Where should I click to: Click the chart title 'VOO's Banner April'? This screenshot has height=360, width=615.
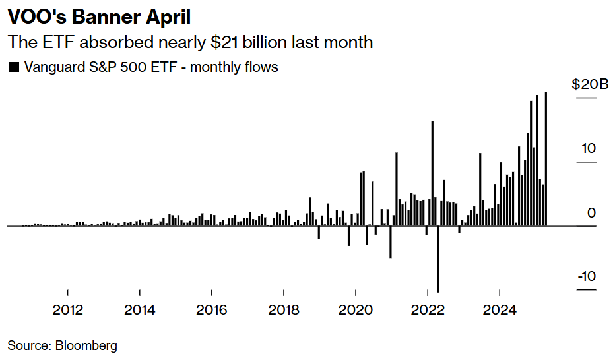[x=99, y=16]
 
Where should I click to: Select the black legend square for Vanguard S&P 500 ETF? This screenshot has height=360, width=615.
[x=13, y=67]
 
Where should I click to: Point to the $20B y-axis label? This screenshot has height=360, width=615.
[x=589, y=84]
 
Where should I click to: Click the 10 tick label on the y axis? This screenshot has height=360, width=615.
[x=588, y=148]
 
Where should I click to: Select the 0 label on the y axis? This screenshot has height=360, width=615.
[x=591, y=213]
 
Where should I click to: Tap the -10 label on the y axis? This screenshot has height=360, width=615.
[x=586, y=276]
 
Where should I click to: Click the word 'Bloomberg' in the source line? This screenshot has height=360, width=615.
[x=86, y=345]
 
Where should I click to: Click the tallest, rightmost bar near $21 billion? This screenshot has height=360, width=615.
[x=546, y=158]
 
